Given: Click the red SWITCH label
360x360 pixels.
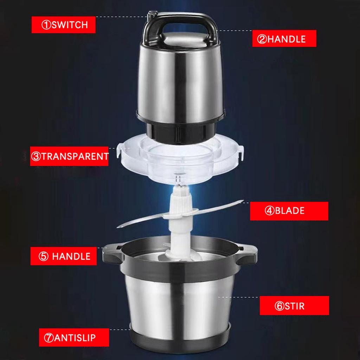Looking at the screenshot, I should (x=64, y=25).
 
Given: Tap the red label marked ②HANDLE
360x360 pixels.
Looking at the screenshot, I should (x=284, y=39).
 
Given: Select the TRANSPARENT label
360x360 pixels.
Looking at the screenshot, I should (x=70, y=156).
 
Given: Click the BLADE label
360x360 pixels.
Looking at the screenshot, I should (x=289, y=211).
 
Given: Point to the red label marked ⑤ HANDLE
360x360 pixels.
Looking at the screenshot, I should (x=65, y=256).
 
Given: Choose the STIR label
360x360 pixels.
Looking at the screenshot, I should (x=294, y=306).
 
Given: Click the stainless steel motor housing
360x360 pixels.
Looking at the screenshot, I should (x=179, y=84).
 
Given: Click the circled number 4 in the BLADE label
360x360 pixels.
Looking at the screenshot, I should (x=269, y=211).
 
